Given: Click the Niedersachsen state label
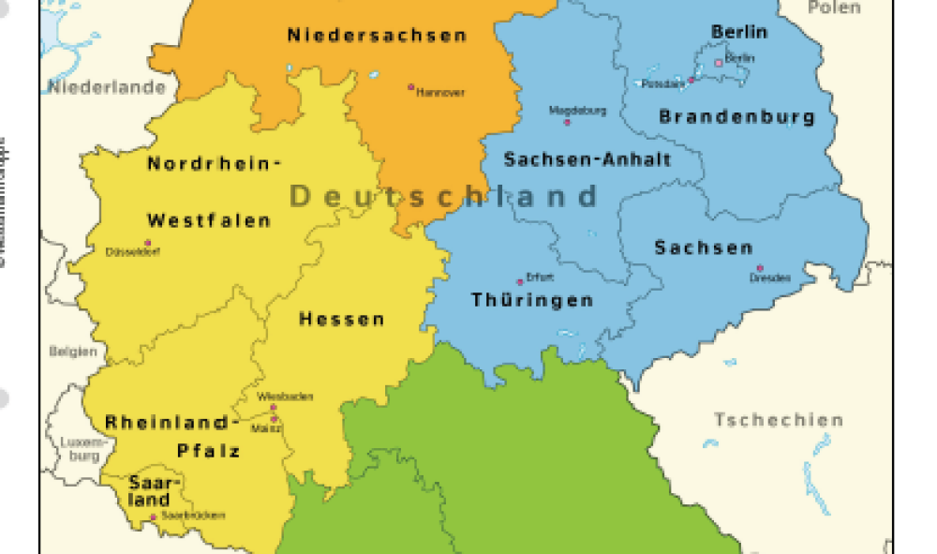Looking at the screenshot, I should (x=377, y=36).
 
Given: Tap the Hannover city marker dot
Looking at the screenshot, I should (x=410, y=86).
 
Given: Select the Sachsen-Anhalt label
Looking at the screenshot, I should (x=587, y=159).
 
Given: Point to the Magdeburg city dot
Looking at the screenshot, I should (x=566, y=121).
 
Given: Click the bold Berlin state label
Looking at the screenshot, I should (x=739, y=32).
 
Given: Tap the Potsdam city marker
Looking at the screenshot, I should (x=692, y=80).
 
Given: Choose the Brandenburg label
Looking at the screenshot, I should (x=736, y=117).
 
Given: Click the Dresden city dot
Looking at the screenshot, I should (x=760, y=268).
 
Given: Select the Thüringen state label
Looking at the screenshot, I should (x=532, y=300).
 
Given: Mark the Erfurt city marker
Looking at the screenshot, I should (x=520, y=280).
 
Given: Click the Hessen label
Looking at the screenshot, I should (x=342, y=320).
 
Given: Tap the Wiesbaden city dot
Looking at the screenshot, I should (x=274, y=408).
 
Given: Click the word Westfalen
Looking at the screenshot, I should (x=209, y=221).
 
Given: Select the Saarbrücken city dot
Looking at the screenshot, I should (x=154, y=517).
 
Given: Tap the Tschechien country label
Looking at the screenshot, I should (x=779, y=419).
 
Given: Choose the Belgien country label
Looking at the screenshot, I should (x=73, y=352).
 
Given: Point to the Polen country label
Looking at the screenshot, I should (x=833, y=7).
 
